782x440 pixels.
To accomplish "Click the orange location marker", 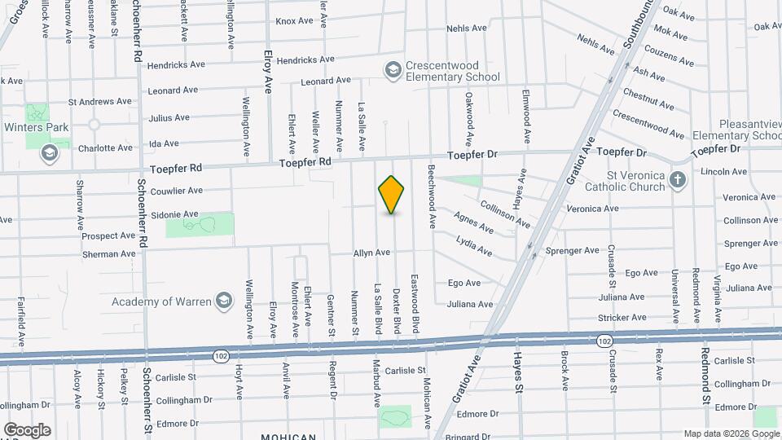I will coord(392,195).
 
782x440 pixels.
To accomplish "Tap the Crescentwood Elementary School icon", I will coord(393,70).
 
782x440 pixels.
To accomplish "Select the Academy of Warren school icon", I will coord(222,301).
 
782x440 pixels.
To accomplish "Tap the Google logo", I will coord(27,429).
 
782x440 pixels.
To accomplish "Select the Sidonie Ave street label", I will coord(174,214).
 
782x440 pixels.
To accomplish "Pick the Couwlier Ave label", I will coord(177,191).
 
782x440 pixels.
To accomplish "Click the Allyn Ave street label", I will coord(371,253).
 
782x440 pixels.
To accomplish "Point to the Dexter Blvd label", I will coord(397,310).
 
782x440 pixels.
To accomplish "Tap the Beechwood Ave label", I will coord(432,196).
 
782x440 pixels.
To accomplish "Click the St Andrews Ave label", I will coord(99,102).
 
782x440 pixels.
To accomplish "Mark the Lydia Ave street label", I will coord(474,245).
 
